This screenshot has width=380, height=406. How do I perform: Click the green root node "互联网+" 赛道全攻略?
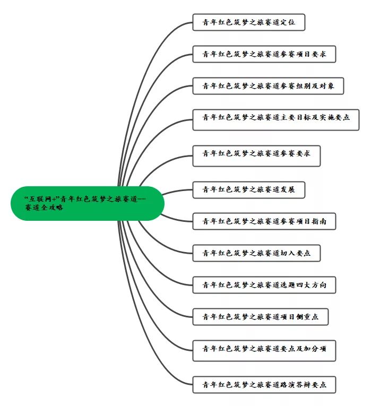coord(87,203)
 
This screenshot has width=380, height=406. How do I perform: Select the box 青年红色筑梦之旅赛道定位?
coord(248,23)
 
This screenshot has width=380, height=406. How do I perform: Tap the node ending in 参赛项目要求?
coord(263,54)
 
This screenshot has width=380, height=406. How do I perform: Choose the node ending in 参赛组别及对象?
coord(268,85)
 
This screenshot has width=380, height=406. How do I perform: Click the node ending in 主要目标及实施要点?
coord(275,118)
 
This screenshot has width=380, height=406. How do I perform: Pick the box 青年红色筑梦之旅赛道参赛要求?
coord(256,154)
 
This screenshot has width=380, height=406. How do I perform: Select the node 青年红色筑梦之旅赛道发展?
coord(248,189)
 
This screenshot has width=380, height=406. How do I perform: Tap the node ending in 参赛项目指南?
coord(264,221)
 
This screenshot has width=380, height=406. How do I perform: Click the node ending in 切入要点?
coord(256,253)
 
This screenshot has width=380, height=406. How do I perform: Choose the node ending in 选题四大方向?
coord(264,285)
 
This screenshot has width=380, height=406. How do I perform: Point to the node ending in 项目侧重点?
coord(260,317)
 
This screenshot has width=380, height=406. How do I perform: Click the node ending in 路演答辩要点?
coord(264,384)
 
